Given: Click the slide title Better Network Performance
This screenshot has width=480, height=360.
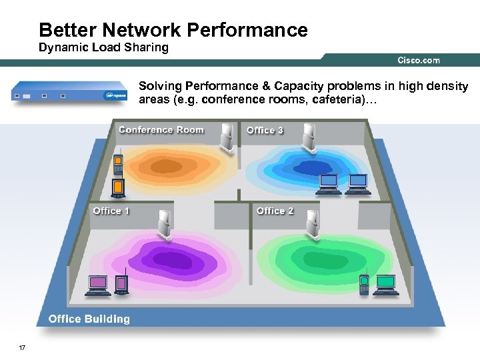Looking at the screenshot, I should (173, 30).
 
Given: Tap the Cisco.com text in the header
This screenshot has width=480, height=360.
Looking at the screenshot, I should (418, 60).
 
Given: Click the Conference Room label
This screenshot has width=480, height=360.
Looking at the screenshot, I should (161, 130).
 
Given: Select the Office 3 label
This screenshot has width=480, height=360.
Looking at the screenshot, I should (265, 130).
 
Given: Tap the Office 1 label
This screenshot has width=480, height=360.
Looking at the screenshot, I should (111, 211).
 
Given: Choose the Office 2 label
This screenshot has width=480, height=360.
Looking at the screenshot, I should (275, 211).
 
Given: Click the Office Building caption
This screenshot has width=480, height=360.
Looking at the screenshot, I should (89, 319).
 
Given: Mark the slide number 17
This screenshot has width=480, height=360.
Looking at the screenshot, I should (22, 347).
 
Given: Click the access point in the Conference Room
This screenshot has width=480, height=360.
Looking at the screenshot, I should (229, 137).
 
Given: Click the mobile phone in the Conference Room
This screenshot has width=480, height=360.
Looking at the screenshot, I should (117, 165).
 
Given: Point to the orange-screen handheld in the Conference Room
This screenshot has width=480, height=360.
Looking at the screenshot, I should (118, 189).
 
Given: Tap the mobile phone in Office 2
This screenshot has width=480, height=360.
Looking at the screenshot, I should (364, 284).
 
